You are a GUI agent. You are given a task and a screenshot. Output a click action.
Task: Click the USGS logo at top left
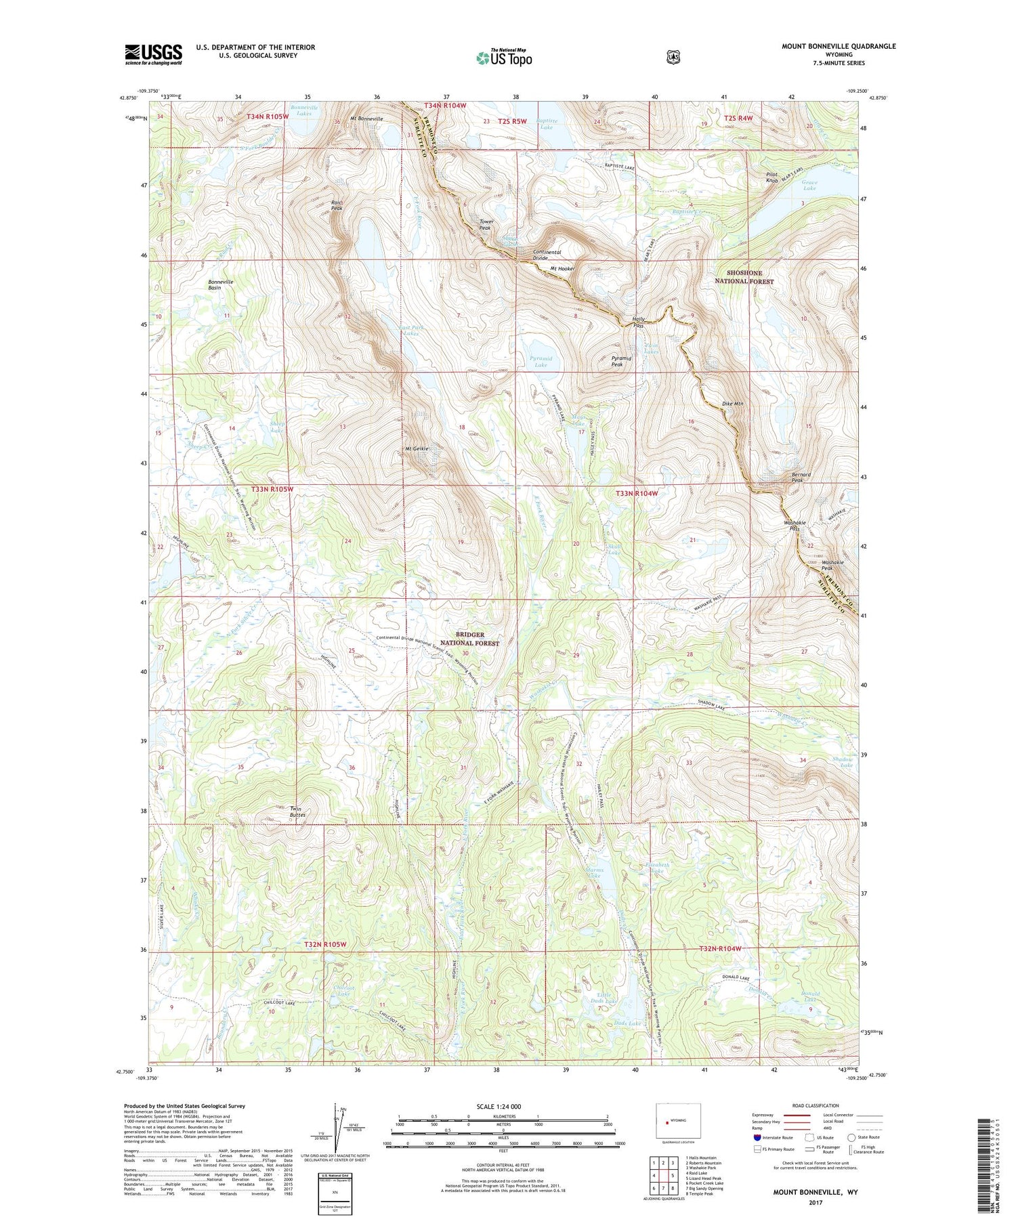pos(153,54)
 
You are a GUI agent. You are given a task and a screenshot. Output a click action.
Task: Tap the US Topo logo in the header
pos(504,58)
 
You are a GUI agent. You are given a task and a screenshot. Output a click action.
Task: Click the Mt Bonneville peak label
pos(366,119)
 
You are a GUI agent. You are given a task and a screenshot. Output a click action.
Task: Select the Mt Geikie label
pos(417,448)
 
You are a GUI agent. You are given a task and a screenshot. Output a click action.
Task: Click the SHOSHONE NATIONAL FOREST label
pos(744,277)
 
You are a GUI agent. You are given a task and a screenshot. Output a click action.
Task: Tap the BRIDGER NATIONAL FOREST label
pos(469,639)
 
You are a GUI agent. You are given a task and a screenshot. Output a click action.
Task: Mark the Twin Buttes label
pos(297,811)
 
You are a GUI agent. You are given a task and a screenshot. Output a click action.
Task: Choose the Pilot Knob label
pos(771,177)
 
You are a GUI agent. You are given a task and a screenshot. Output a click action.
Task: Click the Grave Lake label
pos(809,185)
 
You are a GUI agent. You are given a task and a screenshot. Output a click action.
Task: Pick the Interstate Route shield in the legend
pos(757,1137)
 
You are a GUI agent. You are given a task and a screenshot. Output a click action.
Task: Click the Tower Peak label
pos(486,225)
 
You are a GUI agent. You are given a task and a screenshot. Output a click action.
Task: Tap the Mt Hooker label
pos(562,269)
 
